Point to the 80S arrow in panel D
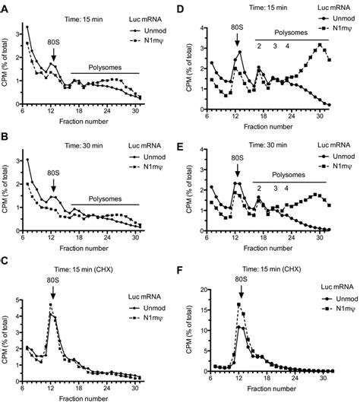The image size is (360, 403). (237, 45)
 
